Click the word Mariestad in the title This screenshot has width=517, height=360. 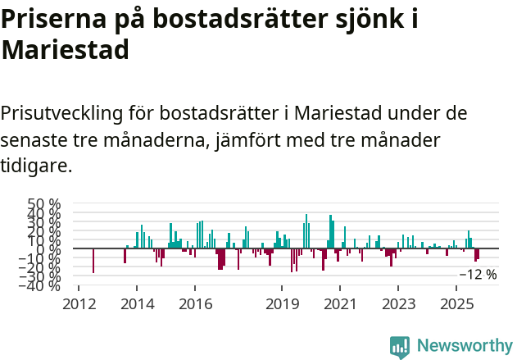pos(66,50)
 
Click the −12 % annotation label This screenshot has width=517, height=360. pos(478,275)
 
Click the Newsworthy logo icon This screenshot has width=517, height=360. pos(400,347)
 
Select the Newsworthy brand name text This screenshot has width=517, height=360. pos(464,346)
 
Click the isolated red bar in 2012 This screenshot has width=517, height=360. pos(93,261)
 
